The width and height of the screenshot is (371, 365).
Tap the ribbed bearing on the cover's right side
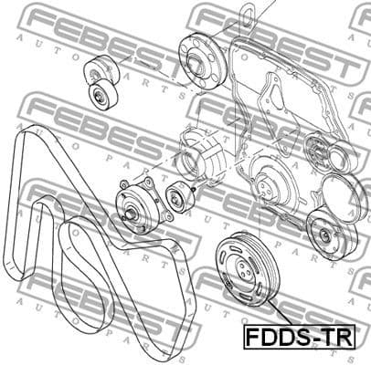click(x=322, y=150)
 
